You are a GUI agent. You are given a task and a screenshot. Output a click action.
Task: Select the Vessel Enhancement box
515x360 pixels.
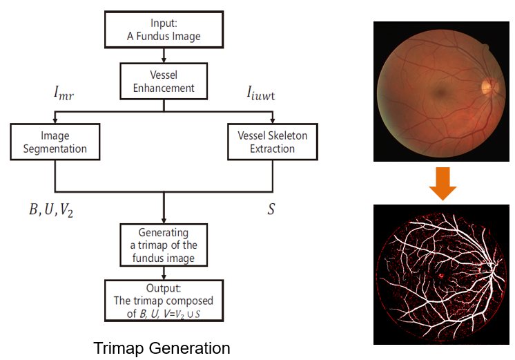pos(164,81)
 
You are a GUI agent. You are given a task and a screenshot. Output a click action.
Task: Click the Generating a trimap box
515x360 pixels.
pos(164,244)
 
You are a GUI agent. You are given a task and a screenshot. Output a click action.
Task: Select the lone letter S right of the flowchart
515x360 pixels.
pos(271,208)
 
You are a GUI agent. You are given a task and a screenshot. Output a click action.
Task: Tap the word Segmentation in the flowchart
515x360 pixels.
pos(55,149)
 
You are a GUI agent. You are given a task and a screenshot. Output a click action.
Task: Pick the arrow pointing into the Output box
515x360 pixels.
pos(164,272)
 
